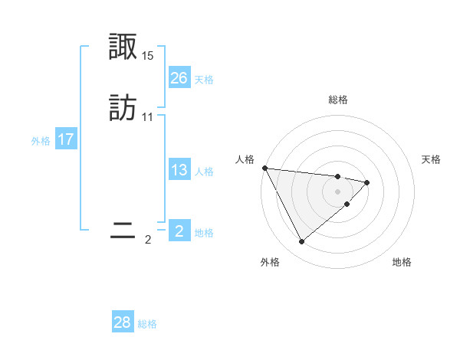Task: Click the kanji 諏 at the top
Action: click(x=123, y=47)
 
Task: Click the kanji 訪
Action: click(x=123, y=108)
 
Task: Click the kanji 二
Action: click(x=123, y=231)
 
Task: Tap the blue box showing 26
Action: click(x=179, y=77)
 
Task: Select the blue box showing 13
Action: click(x=179, y=170)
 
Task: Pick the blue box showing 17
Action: click(x=66, y=139)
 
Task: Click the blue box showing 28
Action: click(x=123, y=322)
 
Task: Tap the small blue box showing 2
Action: click(x=179, y=231)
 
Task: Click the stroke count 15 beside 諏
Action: click(x=148, y=56)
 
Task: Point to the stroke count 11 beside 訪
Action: click(x=148, y=117)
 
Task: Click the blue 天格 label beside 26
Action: click(x=204, y=79)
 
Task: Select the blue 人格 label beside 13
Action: click(x=204, y=172)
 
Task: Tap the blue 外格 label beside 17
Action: click(x=41, y=141)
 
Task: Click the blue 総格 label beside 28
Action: click(x=147, y=324)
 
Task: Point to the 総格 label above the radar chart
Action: click(x=338, y=100)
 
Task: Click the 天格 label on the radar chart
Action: click(x=431, y=159)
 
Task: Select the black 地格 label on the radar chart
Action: click(x=402, y=262)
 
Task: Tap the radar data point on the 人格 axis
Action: click(x=264, y=168)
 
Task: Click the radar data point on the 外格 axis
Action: click(x=301, y=242)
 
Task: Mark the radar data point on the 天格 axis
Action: click(x=367, y=182)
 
